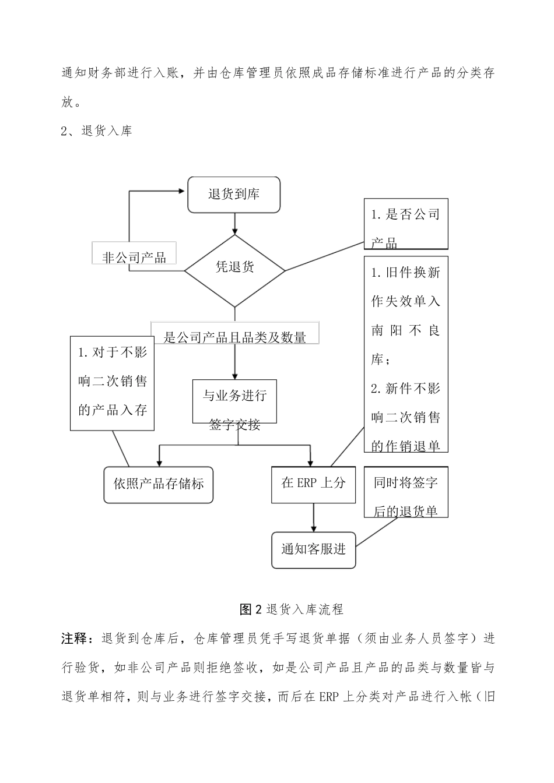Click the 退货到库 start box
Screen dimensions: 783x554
(234, 195)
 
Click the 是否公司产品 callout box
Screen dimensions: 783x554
(405, 224)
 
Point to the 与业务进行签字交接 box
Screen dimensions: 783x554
(234, 401)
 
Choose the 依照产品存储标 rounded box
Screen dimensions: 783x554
(159, 485)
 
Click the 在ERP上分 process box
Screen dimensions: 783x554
(313, 485)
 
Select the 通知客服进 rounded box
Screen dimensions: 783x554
(313, 549)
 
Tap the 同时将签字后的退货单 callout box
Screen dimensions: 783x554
(405, 492)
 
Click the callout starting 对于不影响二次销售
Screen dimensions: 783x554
(112, 383)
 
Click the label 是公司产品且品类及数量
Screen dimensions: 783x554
(235, 334)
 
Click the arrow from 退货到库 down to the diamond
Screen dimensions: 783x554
(234, 223)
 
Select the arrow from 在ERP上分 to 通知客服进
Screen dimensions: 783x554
(314, 516)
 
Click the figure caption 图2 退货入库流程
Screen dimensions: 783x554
(292, 609)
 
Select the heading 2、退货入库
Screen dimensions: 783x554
(97, 130)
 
